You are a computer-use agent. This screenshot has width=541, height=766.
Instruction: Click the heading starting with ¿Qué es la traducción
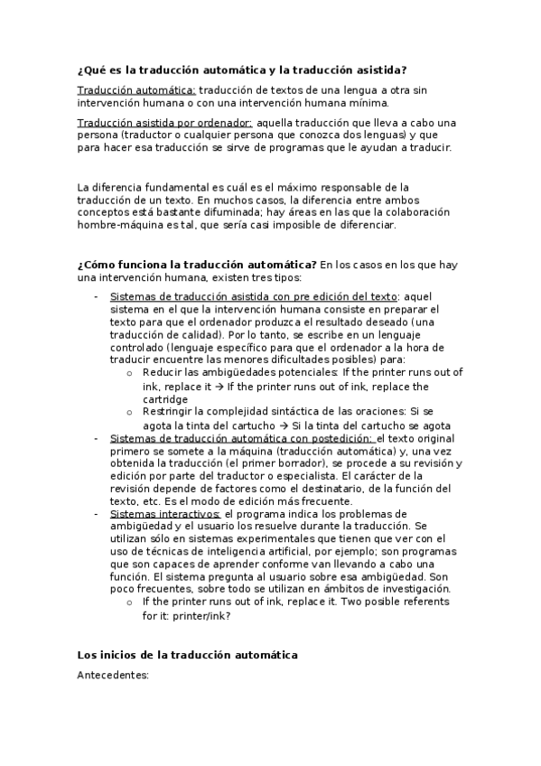point(242,70)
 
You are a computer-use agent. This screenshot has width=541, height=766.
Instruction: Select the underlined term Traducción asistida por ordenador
point(165,122)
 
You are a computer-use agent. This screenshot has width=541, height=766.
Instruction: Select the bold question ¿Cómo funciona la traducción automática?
point(197,264)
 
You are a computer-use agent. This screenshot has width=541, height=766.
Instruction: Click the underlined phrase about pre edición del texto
point(253,296)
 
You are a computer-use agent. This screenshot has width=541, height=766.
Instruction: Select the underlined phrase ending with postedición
point(240,437)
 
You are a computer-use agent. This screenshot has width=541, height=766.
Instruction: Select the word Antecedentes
point(113,675)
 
